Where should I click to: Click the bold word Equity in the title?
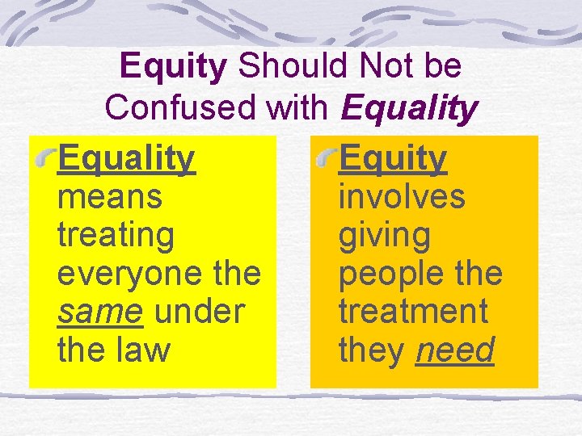[173, 66]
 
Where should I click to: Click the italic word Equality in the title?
[410, 107]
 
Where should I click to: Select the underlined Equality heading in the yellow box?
[126, 159]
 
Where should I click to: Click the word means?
[110, 196]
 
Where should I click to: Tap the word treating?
[116, 236]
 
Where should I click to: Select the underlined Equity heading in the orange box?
[392, 159]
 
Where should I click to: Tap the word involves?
[402, 196]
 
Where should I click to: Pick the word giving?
[385, 236]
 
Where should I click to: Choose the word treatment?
[413, 312]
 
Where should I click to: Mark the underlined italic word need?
[454, 350]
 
